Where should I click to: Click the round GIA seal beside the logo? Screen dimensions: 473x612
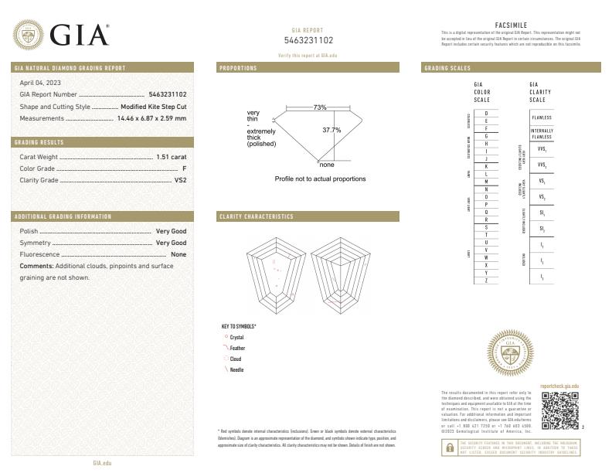coord(29,35)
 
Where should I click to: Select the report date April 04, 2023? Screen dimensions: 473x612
coord(40,83)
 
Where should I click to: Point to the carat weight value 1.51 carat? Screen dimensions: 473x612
coord(172,157)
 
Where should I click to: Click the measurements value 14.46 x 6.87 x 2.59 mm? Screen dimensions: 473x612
coord(151,118)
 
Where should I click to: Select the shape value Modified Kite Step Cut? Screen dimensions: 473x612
coord(154,107)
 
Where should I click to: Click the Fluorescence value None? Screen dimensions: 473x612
coord(178,254)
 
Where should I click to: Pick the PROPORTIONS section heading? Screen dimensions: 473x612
coord(239,68)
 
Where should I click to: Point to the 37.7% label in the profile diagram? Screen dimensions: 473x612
coord(331,130)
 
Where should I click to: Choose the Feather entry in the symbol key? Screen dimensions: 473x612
coord(236,349)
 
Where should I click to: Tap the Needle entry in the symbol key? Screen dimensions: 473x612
coord(236,370)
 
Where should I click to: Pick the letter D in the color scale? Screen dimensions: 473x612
coord(486,114)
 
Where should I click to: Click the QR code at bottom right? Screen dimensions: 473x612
coord(559,410)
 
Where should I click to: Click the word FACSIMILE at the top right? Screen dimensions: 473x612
coord(510,25)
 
